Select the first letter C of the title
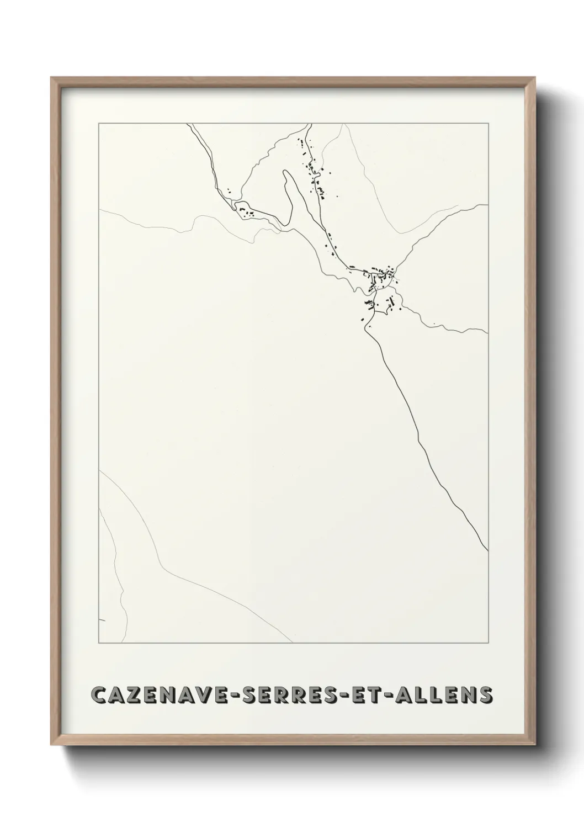[99, 694]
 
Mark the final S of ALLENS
[486, 694]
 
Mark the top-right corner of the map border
[488, 124]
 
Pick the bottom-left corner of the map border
[99, 644]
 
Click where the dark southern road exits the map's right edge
[487, 550]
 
